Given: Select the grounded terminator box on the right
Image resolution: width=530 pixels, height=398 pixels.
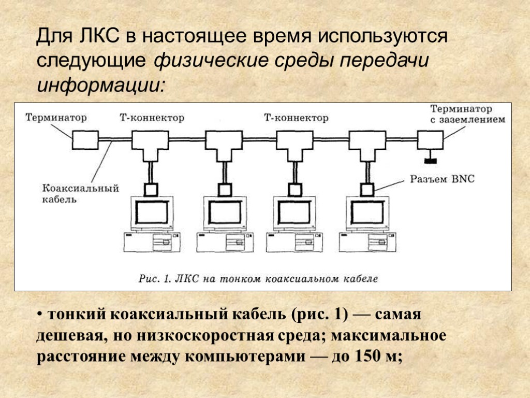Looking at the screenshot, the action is pos(430,139).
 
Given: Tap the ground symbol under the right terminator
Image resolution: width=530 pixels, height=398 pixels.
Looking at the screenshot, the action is pos(430,157).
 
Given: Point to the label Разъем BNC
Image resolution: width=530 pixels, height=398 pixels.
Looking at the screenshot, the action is pos(442,179).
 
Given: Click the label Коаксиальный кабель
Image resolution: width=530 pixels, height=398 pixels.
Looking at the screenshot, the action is pos(80,193).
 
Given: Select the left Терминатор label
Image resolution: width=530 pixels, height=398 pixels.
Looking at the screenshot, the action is pos(56,118).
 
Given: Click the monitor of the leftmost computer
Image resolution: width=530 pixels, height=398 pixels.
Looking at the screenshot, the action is pos(152,212).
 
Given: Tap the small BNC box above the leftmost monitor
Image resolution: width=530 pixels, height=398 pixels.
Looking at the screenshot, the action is pos(151,189).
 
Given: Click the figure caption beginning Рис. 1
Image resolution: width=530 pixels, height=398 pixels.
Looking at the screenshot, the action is pos(258,278).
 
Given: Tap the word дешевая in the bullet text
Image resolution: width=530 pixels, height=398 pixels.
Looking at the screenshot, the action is pos(68,336).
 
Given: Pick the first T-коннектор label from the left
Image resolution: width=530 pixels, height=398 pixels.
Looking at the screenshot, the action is pos(152,118).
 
